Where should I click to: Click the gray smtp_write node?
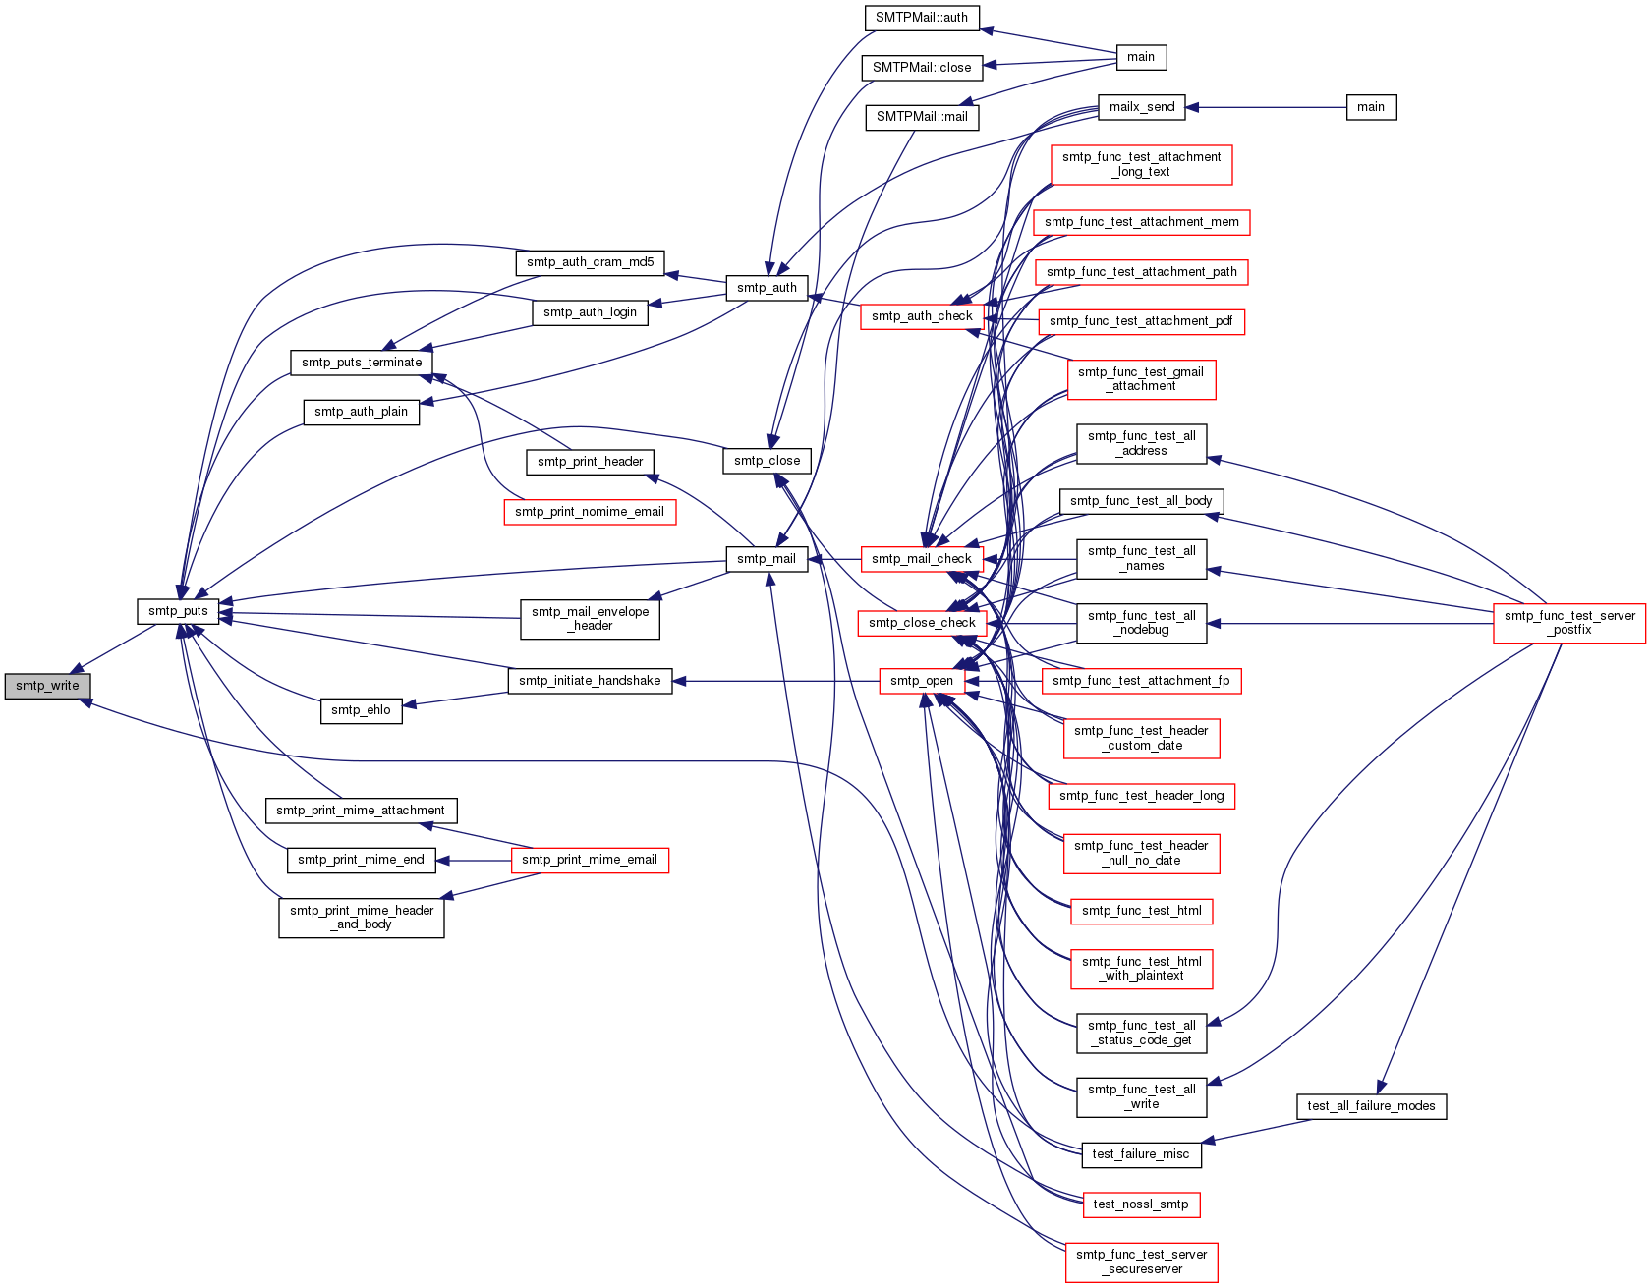[x=47, y=686]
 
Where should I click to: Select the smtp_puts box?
[x=178, y=611]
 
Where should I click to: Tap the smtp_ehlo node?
[x=361, y=710]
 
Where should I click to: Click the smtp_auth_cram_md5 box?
[x=590, y=262]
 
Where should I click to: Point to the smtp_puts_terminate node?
[x=362, y=363]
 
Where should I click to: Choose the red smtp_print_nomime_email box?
[x=590, y=512]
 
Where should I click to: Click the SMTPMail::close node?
[x=922, y=68]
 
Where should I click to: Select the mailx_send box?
[x=1142, y=107]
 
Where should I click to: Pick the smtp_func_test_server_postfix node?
[x=1569, y=623]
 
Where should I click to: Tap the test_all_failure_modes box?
[x=1371, y=1106]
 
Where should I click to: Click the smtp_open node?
[x=922, y=681]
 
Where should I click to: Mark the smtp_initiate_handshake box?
[x=590, y=681]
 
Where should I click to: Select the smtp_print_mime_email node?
[x=590, y=860]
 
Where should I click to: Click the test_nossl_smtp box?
[x=1141, y=1204]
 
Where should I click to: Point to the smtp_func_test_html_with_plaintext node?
[x=1142, y=969]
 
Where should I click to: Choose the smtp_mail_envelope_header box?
[x=590, y=619]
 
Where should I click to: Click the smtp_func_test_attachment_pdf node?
[x=1141, y=321]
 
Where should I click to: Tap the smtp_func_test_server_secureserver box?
[x=1142, y=1261]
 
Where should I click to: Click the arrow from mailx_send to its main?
[x=1266, y=107]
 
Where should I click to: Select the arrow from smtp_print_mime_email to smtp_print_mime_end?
[x=474, y=861]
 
